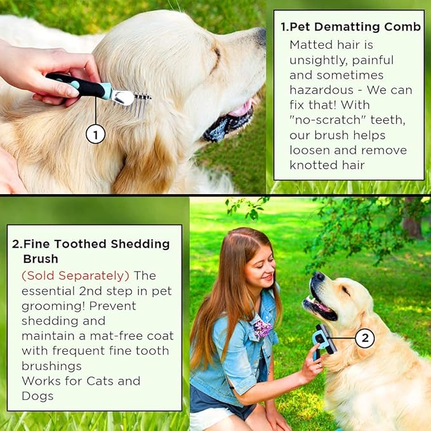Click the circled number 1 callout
95,135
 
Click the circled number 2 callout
365,338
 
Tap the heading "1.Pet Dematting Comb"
351,27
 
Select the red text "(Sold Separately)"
76,275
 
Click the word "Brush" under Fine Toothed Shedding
41,259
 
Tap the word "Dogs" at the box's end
37,396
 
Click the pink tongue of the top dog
242,109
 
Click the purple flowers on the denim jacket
263,328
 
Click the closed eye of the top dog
217,52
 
